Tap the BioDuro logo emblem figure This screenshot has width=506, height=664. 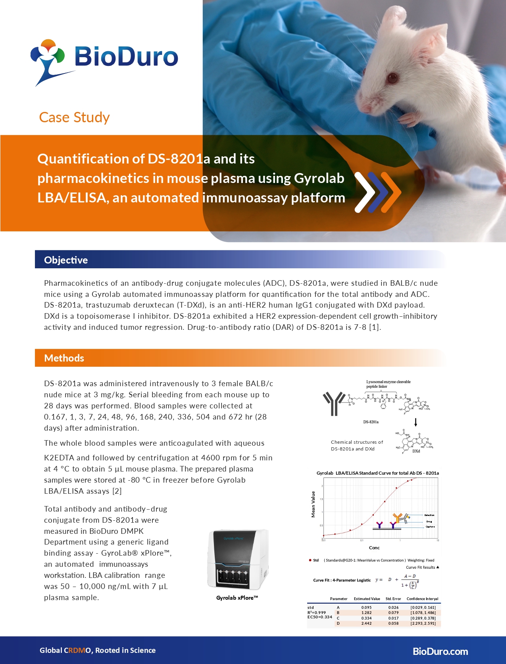click(47, 60)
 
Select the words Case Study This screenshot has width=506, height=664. click(74, 117)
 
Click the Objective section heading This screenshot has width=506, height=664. click(66, 260)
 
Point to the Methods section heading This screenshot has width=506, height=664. click(64, 358)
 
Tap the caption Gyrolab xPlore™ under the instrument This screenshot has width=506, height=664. click(237, 598)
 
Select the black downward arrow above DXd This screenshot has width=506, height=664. click(416, 422)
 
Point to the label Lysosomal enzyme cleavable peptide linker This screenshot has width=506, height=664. click(388, 384)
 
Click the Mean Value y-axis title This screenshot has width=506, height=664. click(313, 504)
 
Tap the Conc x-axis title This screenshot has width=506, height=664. click(374, 548)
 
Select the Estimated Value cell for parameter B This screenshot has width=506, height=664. click(366, 612)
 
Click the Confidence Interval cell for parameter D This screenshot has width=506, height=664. click(423, 623)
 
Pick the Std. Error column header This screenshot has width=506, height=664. click(393, 599)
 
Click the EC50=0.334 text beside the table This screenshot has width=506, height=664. click(319, 617)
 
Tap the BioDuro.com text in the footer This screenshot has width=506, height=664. click(440, 651)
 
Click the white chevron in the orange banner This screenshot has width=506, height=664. click(364, 192)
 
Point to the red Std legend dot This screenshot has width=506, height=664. click(310, 560)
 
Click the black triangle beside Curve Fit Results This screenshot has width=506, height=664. click(438, 567)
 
